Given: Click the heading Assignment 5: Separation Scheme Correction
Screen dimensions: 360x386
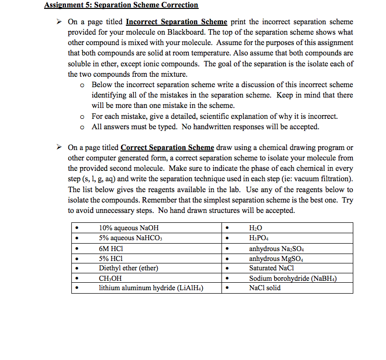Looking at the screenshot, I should point(121,5).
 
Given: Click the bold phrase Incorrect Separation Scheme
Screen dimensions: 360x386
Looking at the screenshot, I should point(176,22).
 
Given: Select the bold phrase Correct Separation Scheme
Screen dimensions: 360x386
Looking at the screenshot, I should point(167,148).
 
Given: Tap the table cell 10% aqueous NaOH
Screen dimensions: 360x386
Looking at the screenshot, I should point(129,228).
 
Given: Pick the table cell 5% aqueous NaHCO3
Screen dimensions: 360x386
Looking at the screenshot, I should point(131,238).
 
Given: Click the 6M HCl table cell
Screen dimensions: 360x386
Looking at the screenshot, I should point(111,249).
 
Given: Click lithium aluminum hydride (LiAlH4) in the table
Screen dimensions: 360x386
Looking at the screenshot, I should point(152,288).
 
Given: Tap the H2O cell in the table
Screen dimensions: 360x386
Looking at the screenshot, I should point(255,228).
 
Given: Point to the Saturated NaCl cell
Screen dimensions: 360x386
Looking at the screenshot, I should point(272,268).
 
